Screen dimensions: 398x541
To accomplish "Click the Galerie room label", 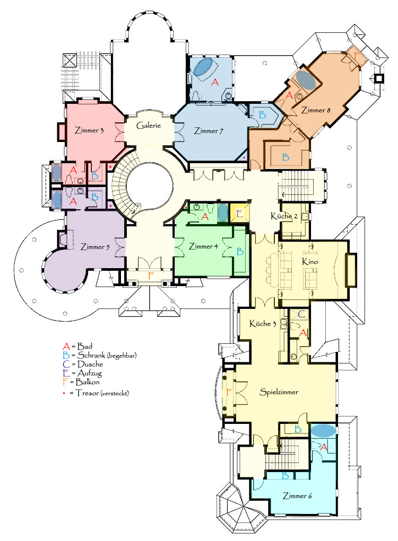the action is coord(149,126).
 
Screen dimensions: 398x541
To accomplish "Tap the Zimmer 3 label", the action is coord(89,130).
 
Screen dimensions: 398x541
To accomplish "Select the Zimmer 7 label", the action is coord(209,131).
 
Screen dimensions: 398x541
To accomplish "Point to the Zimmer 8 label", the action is coord(316,110).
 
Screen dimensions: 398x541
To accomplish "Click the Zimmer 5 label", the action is coord(95,247).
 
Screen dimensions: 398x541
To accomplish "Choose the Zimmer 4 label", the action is coord(203,246).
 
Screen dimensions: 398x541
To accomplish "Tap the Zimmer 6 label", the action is coord(297,496).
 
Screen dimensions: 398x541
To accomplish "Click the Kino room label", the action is coord(310,262).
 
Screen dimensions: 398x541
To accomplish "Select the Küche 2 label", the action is coord(284,216).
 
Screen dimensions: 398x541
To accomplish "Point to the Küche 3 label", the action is coord(263,324).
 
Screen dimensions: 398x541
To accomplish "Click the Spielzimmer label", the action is coord(279,392).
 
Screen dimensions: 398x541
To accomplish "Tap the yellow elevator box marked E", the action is coord(239,213).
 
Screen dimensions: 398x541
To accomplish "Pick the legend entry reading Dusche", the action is coord(83,364).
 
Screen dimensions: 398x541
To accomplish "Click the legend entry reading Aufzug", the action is coord(82,373).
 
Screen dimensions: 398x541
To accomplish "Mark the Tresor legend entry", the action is coord(96,393).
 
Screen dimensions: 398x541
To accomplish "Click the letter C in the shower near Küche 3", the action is coord(301,314).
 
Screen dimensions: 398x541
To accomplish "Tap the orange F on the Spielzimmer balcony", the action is coord(228,392).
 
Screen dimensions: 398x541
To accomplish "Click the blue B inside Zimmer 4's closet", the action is coord(240,252).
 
